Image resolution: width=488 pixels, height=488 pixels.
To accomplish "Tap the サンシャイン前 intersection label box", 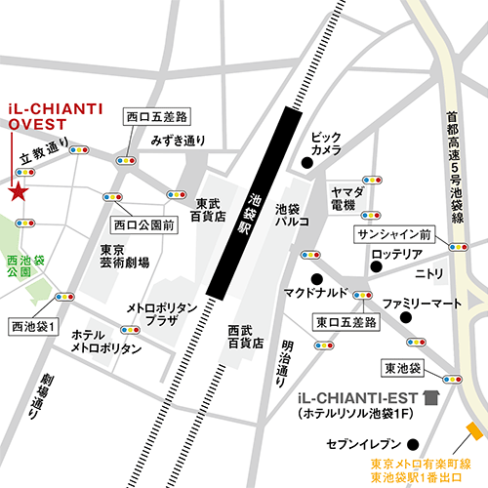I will point(395,235).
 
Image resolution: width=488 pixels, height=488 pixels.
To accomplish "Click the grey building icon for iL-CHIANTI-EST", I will point(430,397).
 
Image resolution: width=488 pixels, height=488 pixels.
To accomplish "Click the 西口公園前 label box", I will point(142,224).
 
